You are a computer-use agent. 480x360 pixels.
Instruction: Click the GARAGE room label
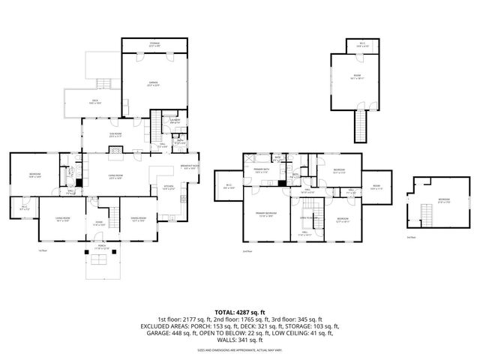(153, 84)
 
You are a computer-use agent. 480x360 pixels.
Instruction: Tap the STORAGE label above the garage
(154, 44)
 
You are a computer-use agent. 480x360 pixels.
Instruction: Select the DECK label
(94, 101)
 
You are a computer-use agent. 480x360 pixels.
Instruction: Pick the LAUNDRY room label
(174, 121)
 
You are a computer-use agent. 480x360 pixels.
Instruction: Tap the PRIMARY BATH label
(261, 171)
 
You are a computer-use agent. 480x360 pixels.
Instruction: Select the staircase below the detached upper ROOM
(361, 124)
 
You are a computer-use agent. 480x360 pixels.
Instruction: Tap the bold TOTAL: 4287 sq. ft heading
(240, 311)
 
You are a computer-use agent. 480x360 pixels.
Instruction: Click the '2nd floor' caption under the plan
(247, 251)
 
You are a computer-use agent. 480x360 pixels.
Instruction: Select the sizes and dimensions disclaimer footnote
(240, 349)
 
